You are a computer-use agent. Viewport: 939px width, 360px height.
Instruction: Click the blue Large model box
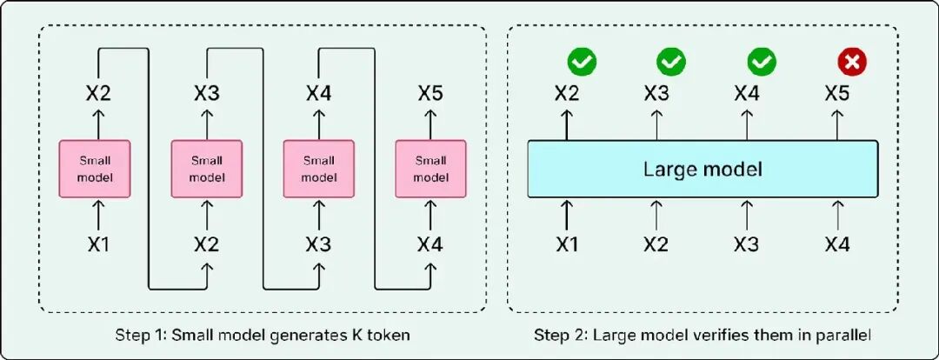point(703,169)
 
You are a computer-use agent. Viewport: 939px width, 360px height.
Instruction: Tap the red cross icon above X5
point(852,62)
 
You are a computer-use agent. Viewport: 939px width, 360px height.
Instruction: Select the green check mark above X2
point(582,62)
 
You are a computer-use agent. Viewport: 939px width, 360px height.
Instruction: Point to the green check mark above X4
point(762,62)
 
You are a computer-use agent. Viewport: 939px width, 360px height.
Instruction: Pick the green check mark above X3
point(671,62)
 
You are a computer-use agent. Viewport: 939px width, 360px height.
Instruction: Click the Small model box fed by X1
point(95,169)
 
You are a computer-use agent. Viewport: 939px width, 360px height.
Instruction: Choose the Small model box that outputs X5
point(430,169)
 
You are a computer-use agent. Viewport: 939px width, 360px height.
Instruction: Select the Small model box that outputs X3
point(207,169)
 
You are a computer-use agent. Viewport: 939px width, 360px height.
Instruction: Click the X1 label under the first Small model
point(99,244)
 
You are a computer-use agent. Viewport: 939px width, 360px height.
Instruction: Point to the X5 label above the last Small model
point(430,94)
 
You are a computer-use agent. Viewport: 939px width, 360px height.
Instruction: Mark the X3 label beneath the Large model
point(747,244)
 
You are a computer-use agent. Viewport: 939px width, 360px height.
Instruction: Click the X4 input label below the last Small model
point(430,244)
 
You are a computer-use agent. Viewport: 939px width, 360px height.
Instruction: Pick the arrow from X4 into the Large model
point(836,214)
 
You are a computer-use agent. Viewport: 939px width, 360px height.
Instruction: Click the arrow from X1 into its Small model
point(99,214)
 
